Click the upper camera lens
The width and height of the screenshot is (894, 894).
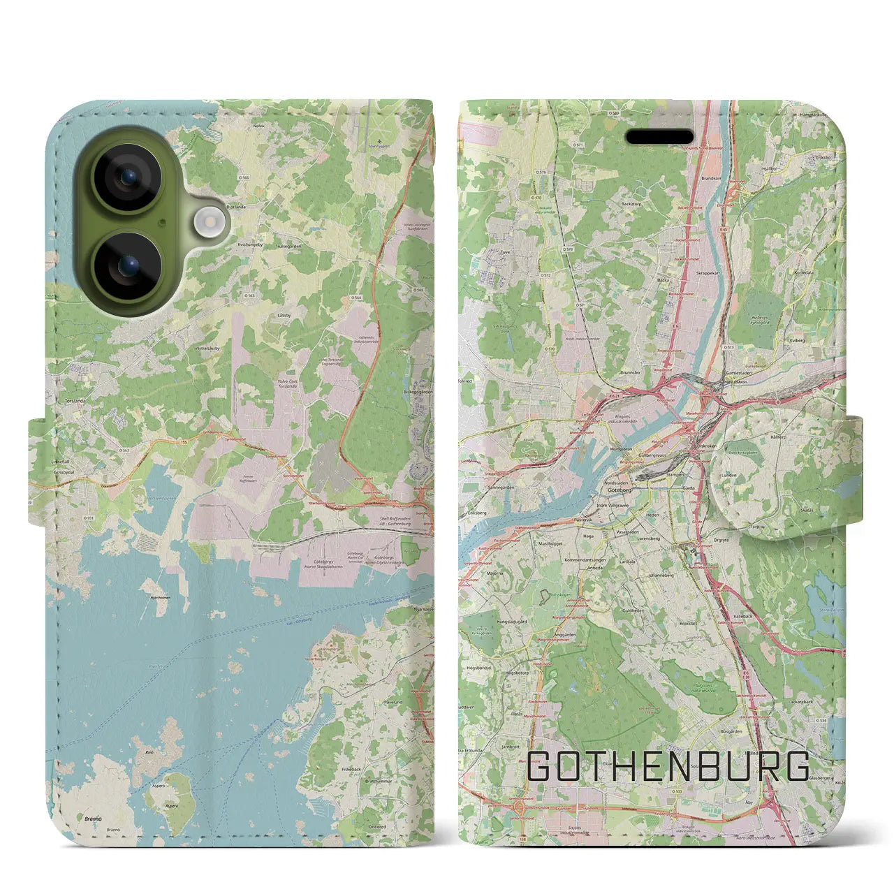click(x=128, y=177)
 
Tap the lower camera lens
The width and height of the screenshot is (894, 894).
click(x=128, y=266)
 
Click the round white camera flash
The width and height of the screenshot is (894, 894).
click(x=207, y=223)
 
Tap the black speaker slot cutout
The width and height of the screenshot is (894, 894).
click(x=659, y=137)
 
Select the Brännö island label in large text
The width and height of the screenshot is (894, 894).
click(x=92, y=818)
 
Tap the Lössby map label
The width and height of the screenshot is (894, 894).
click(x=284, y=316)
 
